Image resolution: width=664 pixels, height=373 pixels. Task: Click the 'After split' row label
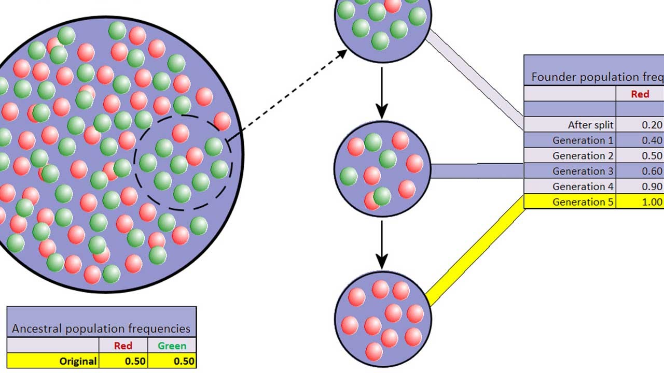pyautogui.click(x=590, y=125)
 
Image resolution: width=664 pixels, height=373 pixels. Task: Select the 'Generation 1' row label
pyautogui.click(x=583, y=140)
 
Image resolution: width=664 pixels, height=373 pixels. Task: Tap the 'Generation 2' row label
pyautogui.click(x=583, y=156)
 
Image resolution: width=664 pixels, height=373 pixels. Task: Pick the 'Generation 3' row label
pyautogui.click(x=583, y=171)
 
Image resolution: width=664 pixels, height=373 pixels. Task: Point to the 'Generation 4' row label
pyautogui.click(x=583, y=187)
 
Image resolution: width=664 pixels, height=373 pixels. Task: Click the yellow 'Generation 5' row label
pyautogui.click(x=583, y=202)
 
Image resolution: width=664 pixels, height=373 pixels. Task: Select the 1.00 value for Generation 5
pyautogui.click(x=652, y=202)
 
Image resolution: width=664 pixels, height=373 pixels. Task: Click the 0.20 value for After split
pyautogui.click(x=652, y=125)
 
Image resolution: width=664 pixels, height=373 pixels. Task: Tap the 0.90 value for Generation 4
pyautogui.click(x=652, y=187)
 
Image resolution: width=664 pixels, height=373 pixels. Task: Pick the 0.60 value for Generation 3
pyautogui.click(x=652, y=171)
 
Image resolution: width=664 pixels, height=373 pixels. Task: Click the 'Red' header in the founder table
pyautogui.click(x=640, y=94)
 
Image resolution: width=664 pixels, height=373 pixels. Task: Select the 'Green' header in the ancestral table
pyautogui.click(x=172, y=346)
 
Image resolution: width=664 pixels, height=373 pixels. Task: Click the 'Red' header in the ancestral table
pyautogui.click(x=123, y=346)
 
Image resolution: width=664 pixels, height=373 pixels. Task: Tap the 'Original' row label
pyautogui.click(x=78, y=361)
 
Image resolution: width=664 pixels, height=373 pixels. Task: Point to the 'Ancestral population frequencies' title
pyautogui.click(x=101, y=328)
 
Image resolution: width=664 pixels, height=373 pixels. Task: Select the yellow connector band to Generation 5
pyautogui.click(x=475, y=251)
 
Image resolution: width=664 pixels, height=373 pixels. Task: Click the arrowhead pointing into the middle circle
pyautogui.click(x=382, y=111)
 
